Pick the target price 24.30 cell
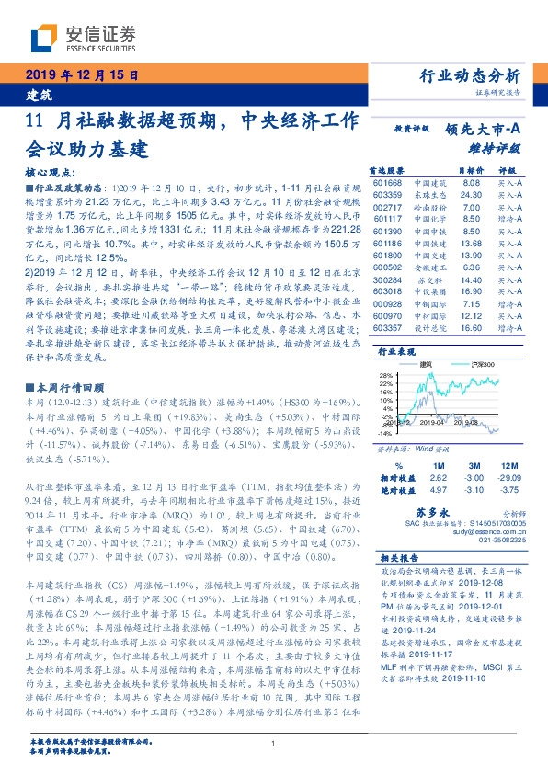(x=470, y=195)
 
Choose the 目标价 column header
(x=470, y=171)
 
